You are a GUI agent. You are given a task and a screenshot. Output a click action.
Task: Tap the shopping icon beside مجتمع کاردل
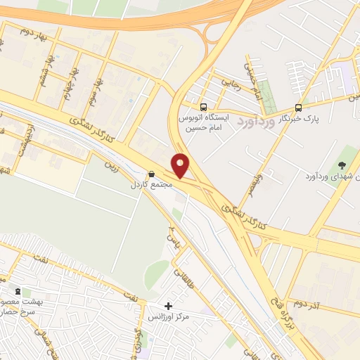(x=151, y=174)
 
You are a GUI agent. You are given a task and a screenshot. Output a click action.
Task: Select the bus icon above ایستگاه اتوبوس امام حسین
(x=203, y=108)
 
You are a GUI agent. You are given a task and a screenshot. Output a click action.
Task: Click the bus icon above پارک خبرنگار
(x=299, y=108)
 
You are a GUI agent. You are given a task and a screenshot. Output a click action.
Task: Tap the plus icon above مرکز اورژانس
(x=168, y=306)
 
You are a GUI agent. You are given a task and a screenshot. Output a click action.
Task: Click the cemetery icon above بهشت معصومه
(x=18, y=290)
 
